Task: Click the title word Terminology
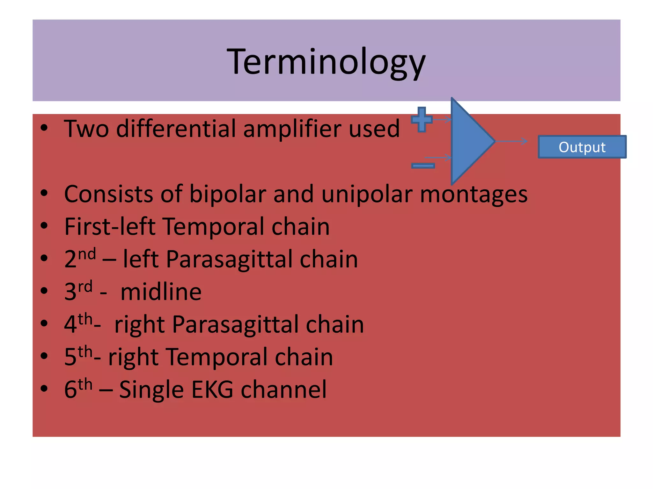click(x=326, y=62)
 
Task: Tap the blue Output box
click(x=582, y=147)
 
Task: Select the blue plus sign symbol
click(x=422, y=120)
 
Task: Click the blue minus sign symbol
click(x=423, y=166)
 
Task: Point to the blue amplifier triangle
click(x=469, y=141)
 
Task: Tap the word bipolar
click(x=228, y=194)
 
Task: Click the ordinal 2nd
click(x=80, y=258)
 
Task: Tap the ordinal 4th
click(x=78, y=324)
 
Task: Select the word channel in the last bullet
click(x=283, y=389)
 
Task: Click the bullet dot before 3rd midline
click(x=44, y=291)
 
